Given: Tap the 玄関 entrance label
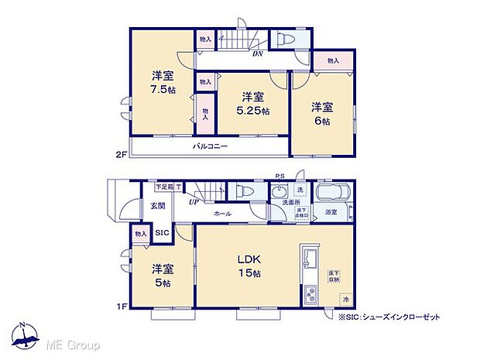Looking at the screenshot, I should tap(157, 206).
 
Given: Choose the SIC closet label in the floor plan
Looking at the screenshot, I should tap(162, 233).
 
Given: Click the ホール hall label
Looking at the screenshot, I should tap(223, 213).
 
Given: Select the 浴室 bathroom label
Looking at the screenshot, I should tap(331, 211).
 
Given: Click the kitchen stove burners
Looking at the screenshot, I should tap(311, 295).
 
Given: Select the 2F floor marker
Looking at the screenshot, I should tap(121, 155).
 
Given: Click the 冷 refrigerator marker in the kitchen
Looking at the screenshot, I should tap(345, 299).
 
